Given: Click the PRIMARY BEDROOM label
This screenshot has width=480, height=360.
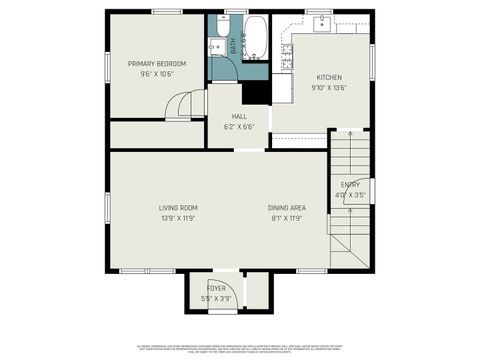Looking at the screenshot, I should click(157, 63).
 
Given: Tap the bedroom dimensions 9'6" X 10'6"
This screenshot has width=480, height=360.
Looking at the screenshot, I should click(157, 73).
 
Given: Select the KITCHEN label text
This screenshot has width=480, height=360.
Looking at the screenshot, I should click(330, 77).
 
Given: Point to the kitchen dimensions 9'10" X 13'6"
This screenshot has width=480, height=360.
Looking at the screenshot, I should click(330, 87).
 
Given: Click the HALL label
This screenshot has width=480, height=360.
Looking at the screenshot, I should click(238, 116).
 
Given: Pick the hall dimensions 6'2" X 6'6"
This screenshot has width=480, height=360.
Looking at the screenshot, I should click(238, 126).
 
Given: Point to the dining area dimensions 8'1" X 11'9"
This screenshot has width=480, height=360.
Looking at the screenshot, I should click(286, 217).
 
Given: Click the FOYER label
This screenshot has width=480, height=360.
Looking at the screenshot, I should click(216, 288).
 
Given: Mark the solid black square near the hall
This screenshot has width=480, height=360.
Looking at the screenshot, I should click(256, 91).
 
